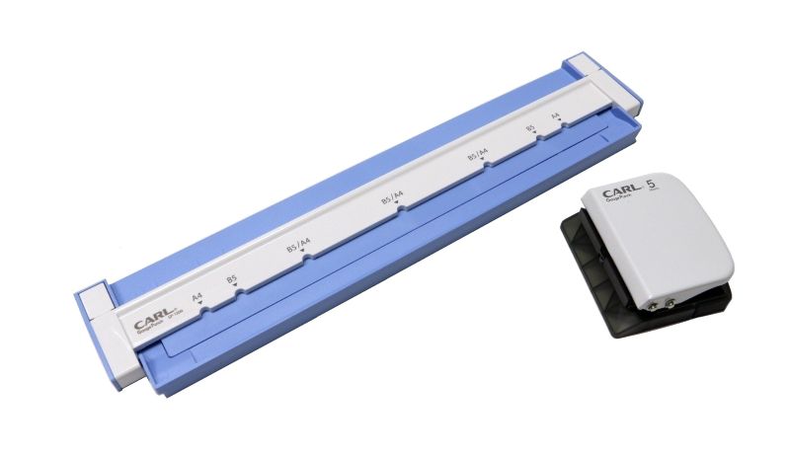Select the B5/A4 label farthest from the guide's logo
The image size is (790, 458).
(479, 155)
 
